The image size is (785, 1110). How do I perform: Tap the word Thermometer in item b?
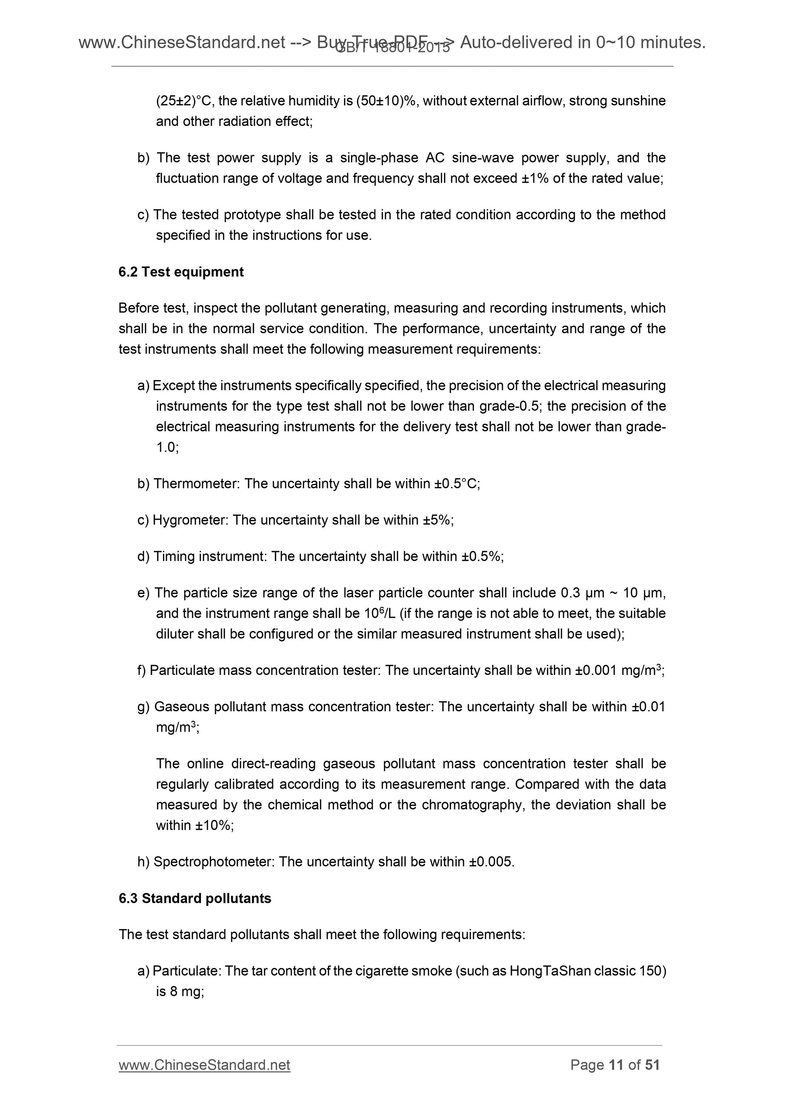click(x=196, y=483)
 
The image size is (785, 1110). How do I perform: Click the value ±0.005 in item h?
click(x=491, y=862)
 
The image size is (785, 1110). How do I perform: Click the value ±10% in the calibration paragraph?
click(x=213, y=825)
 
